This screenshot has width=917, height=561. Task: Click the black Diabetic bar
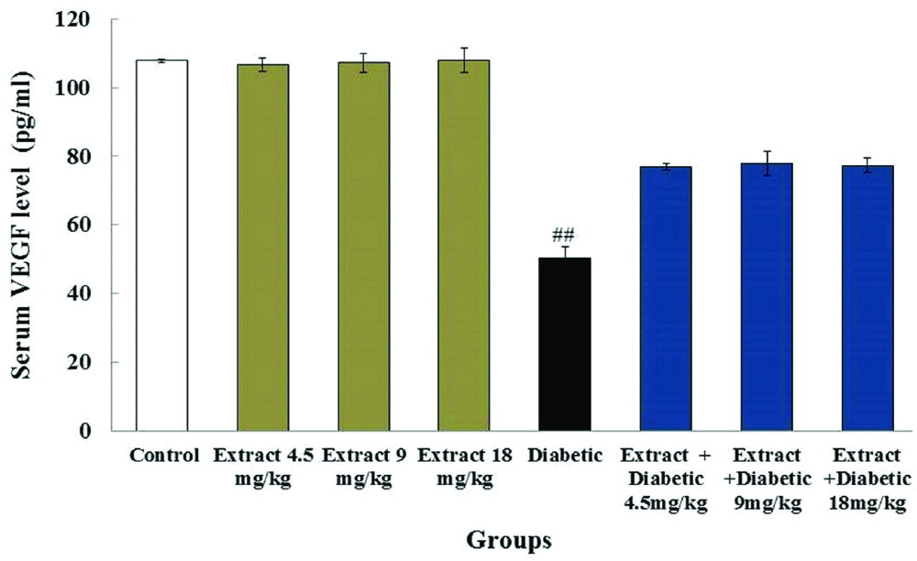565,345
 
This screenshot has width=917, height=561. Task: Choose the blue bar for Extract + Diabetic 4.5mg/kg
666,299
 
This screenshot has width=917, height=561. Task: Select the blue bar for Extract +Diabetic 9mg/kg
767,297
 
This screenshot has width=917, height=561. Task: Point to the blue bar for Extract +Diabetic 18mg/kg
867,298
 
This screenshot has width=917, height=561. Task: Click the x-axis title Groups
510,539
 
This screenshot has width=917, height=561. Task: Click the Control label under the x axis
165,455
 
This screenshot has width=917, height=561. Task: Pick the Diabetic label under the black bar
565,455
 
